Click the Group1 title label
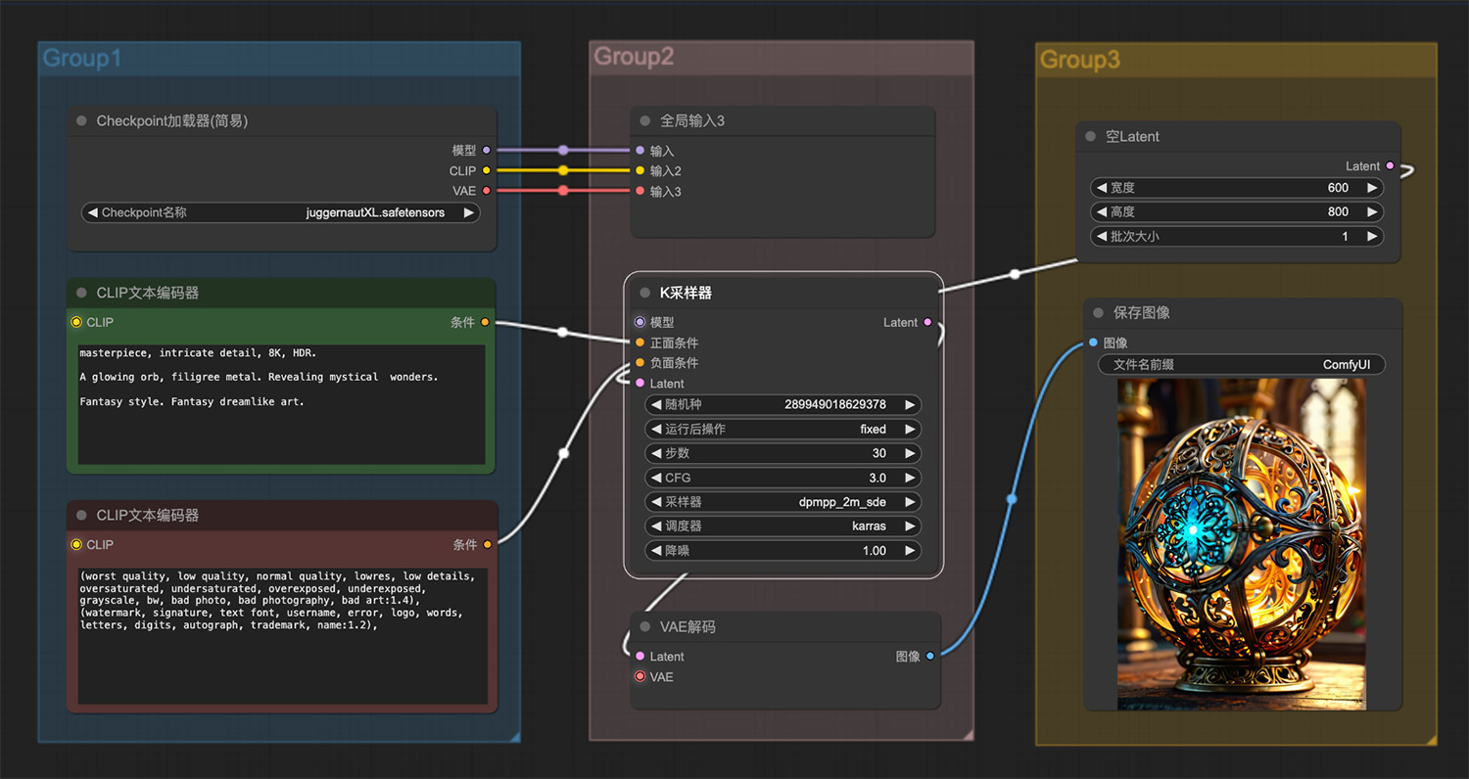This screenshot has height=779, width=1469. (82, 59)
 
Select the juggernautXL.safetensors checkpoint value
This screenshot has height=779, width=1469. (375, 213)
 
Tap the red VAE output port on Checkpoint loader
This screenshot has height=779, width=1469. (487, 191)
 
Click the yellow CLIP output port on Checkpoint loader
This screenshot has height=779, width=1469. (487, 170)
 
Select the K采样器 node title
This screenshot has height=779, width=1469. (686, 293)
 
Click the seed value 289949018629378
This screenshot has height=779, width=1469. (834, 405)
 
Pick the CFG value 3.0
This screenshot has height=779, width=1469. (877, 479)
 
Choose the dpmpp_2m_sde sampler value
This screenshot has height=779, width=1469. (842, 502)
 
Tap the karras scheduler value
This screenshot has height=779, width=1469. (869, 527)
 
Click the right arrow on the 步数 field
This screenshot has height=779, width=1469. (910, 453)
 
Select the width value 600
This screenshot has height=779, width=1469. (1338, 188)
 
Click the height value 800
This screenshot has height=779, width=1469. (1338, 212)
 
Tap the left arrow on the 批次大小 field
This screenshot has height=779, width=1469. (1102, 237)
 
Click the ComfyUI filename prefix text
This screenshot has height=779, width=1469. (1347, 365)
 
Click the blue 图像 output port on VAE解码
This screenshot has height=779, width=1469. (930, 656)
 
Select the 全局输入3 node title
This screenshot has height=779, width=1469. (691, 121)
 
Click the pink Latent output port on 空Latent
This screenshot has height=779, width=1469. (1390, 165)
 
